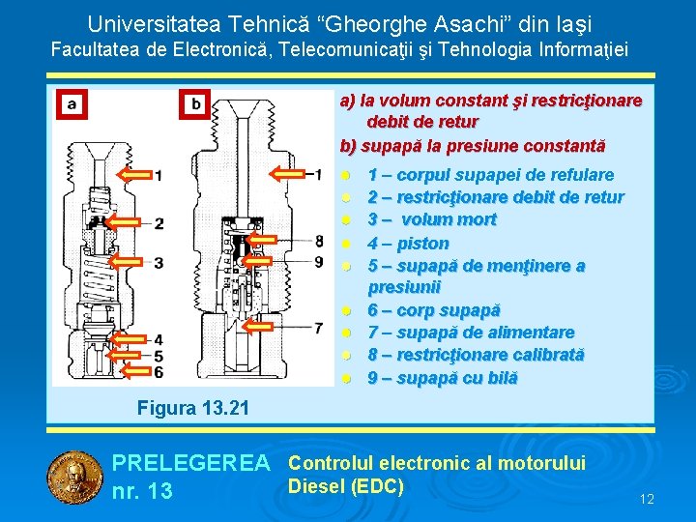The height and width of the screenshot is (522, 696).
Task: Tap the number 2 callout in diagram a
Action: pos(159,223)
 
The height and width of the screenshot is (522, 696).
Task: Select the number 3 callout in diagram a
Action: pos(159,262)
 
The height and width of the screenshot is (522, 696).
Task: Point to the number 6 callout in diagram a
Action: pos(159,371)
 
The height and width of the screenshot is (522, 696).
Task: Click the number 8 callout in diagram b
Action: pos(319,241)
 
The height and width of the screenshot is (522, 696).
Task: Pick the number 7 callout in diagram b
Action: pos(319,329)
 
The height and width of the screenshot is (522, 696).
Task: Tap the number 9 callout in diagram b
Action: pos(319,260)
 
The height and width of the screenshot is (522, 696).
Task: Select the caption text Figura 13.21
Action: pos(193,408)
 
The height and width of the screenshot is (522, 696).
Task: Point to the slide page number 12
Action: pos(647,499)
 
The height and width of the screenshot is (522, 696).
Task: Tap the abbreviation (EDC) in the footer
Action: pos(372,485)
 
